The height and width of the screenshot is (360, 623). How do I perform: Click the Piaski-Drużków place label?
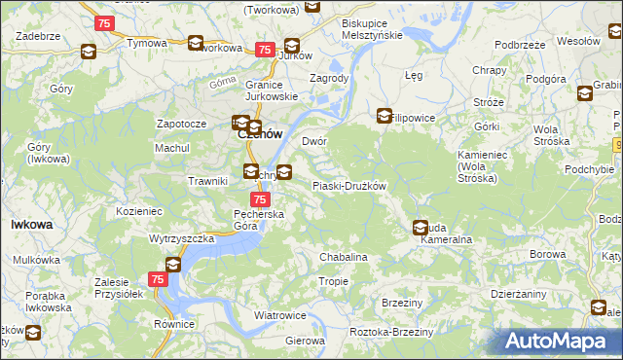pyautogui.click(x=349, y=186)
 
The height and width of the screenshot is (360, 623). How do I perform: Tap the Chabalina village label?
pyautogui.click(x=344, y=257)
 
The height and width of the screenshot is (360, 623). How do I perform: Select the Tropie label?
pyautogui.click(x=334, y=281)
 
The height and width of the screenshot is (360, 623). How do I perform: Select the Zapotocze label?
pyautogui.click(x=181, y=125)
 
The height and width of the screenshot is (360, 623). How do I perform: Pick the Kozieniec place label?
pyautogui.click(x=138, y=210)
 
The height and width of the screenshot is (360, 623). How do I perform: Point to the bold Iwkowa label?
pyautogui.click(x=31, y=224)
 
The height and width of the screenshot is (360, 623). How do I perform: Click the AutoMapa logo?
pyautogui.click(x=563, y=342)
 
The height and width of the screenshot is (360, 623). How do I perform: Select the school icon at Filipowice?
pyautogui.click(x=385, y=116)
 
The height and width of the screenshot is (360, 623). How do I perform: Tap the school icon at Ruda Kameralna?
pyautogui.click(x=420, y=228)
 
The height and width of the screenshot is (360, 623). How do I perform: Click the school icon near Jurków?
pyautogui.click(x=291, y=45)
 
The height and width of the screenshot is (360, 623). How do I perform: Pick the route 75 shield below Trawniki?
pyautogui.click(x=247, y=198)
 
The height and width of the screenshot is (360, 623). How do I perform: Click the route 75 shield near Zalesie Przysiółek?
pyautogui.click(x=158, y=279)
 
